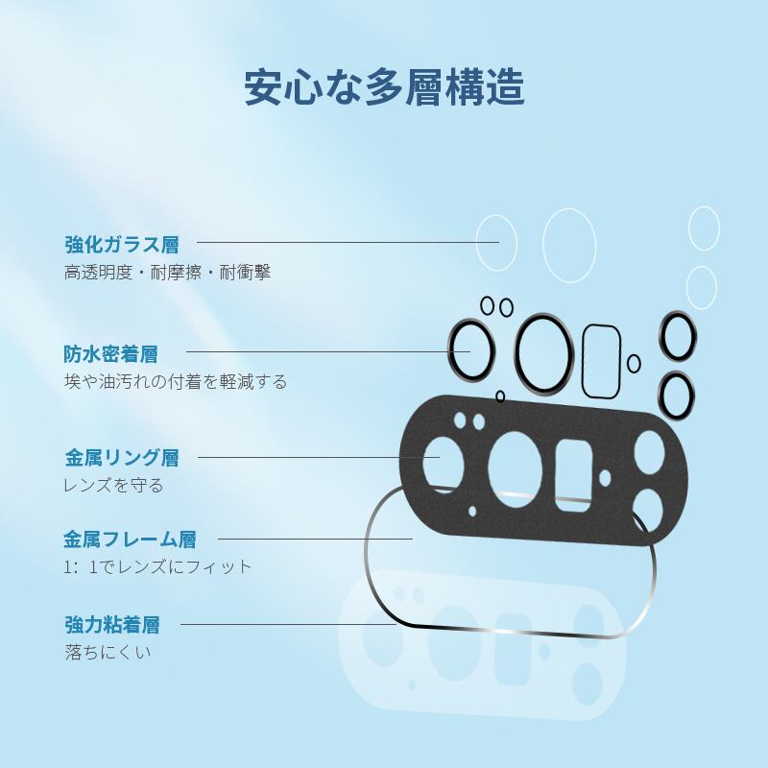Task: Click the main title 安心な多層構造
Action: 384,86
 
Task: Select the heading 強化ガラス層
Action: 122,244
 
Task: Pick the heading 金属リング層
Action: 122,457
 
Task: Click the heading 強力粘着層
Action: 112,626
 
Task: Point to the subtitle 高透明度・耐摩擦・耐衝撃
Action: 168,273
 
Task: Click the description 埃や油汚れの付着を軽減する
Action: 176,382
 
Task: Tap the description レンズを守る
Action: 113,485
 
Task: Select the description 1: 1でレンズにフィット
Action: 158,566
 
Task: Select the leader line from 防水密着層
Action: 326,351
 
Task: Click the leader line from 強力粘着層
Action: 288,624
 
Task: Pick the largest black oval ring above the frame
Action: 545,352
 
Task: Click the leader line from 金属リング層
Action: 317,457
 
